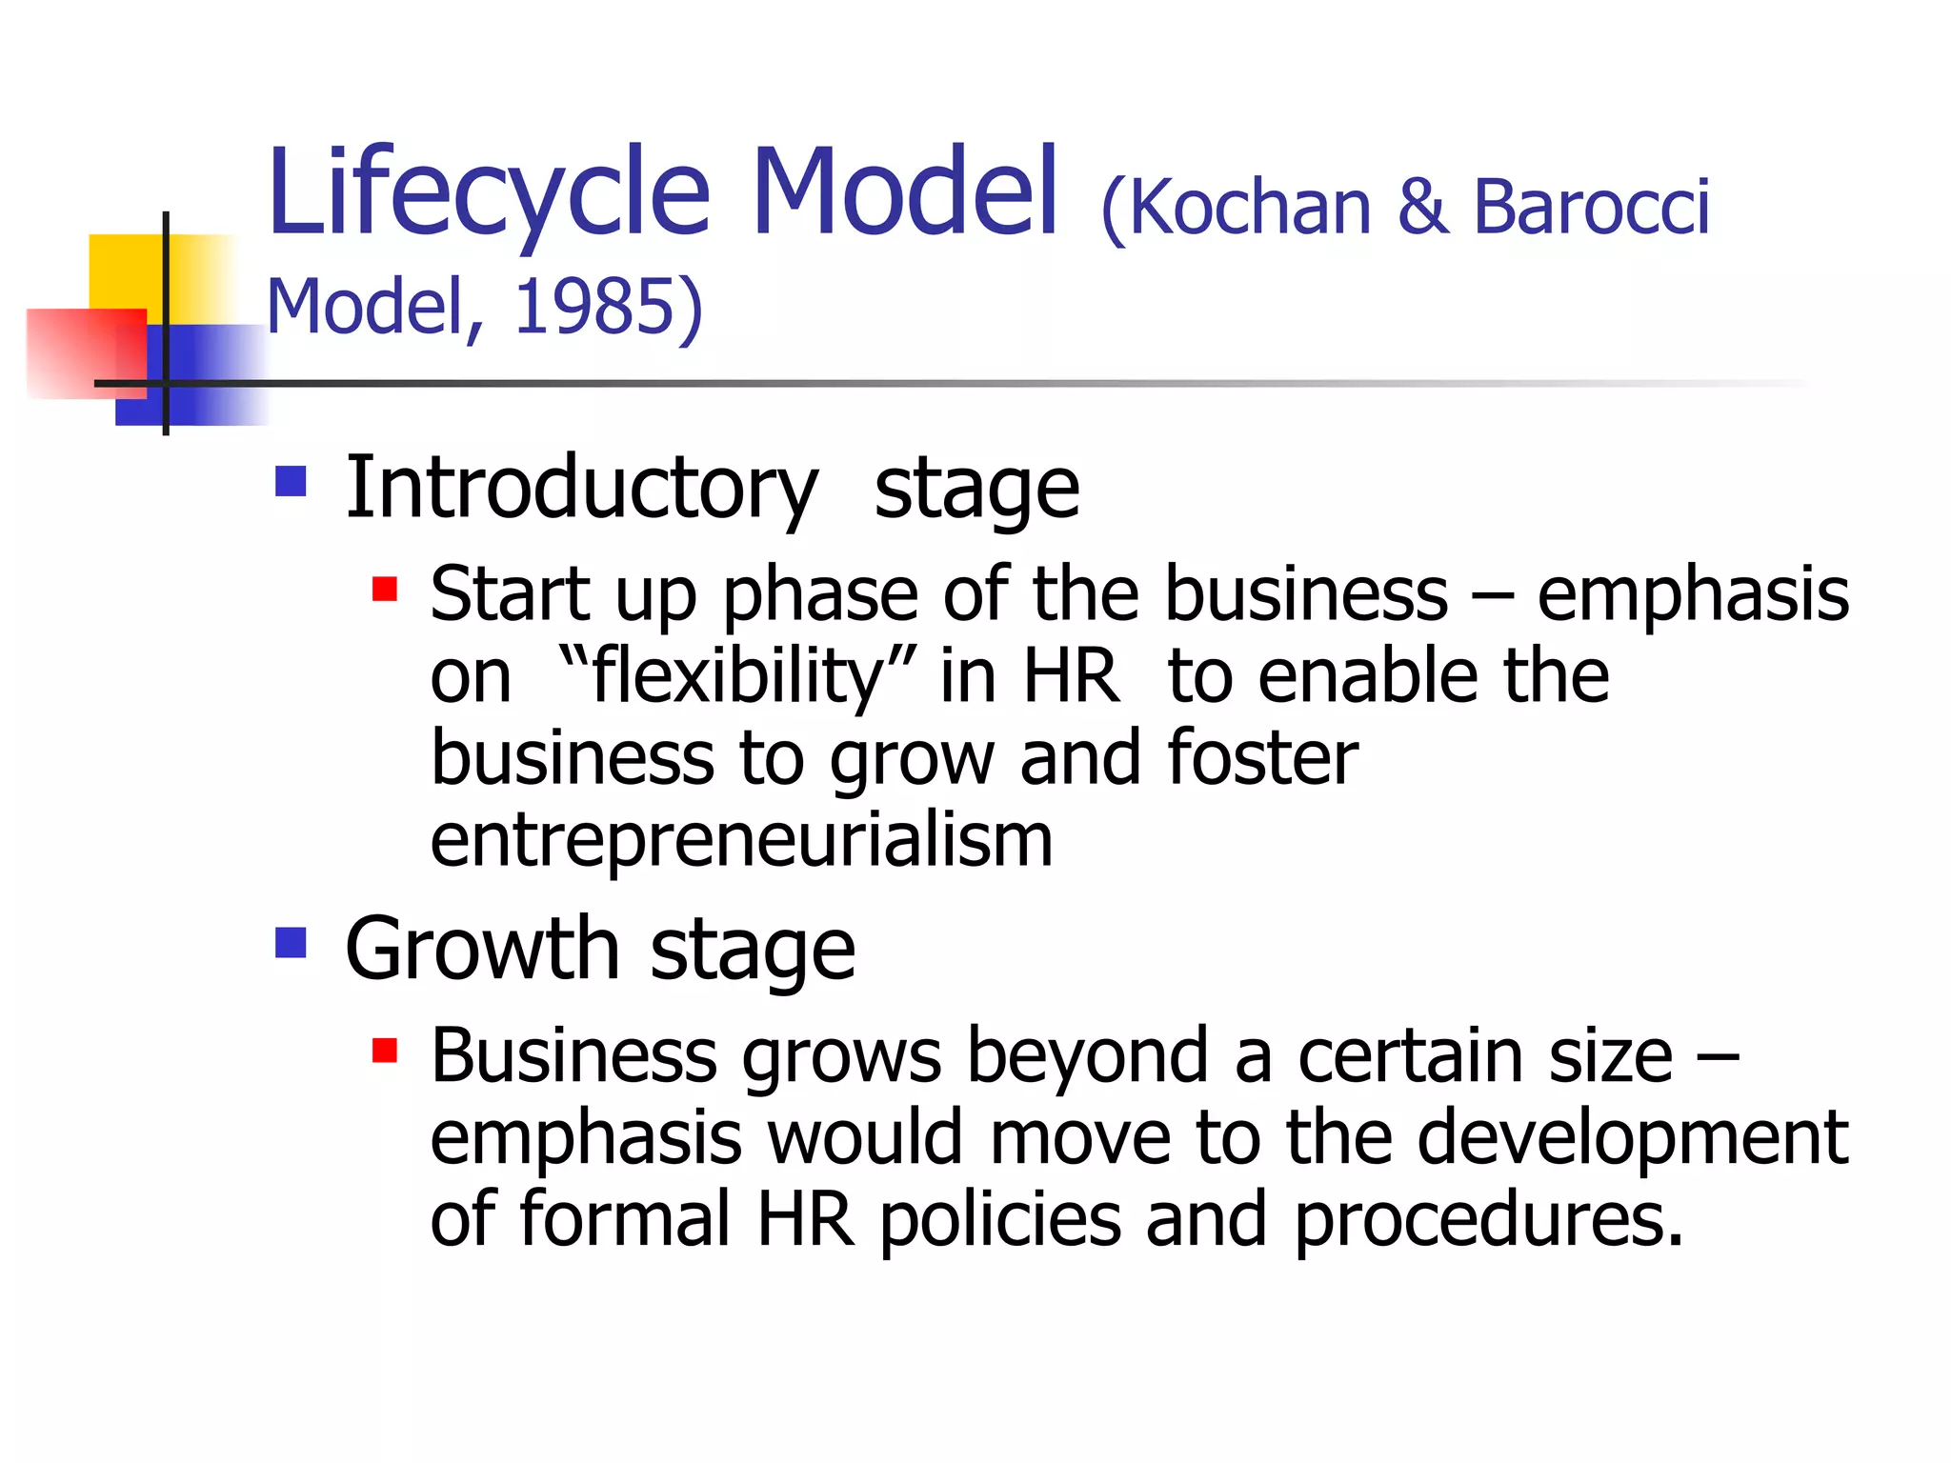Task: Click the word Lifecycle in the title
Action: [489, 194]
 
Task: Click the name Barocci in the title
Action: [1592, 208]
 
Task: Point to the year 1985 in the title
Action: [593, 307]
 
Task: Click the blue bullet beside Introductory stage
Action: [291, 481]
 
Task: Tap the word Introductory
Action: [581, 490]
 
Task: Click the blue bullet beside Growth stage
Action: [291, 943]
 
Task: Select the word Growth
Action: [482, 950]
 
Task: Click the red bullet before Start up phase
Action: [385, 590]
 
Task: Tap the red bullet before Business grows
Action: [385, 1052]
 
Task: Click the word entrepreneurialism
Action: [741, 841]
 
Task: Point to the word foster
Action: [1262, 758]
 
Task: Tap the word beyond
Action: [1087, 1056]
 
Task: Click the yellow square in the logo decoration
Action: [124, 271]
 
